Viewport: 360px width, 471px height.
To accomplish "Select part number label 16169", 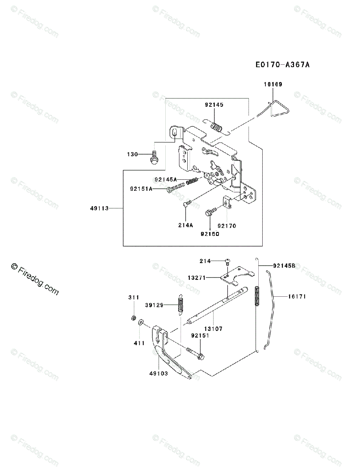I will click(x=273, y=84).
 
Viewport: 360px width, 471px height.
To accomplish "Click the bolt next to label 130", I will click(x=154, y=158).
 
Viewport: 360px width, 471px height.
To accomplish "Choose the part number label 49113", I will click(x=99, y=208).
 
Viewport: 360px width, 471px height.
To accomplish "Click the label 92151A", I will click(x=141, y=189).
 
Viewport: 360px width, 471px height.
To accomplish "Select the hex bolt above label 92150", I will click(x=210, y=213).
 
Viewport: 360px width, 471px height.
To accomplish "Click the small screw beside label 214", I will click(x=228, y=261).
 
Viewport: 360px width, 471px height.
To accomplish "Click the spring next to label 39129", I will click(x=180, y=304).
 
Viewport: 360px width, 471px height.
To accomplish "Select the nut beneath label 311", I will click(x=133, y=317).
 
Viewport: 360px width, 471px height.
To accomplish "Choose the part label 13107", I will click(x=213, y=329).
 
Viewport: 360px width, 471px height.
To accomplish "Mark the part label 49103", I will click(x=158, y=373).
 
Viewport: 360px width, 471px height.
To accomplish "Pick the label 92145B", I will click(x=284, y=266).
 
